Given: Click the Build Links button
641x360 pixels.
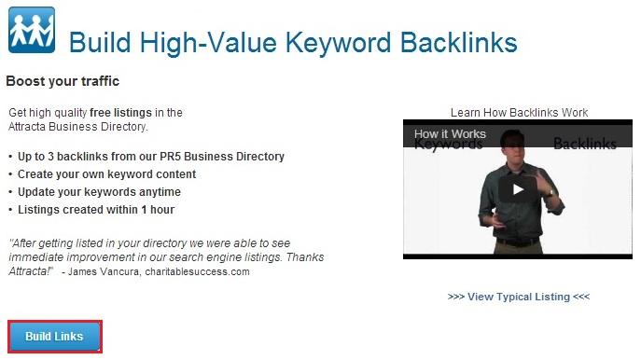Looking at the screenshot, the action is [x=55, y=337].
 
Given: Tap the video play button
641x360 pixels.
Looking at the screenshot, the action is [x=518, y=189].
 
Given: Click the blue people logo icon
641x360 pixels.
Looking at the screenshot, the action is [x=32, y=30].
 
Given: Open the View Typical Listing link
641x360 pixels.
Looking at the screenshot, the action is [x=519, y=297].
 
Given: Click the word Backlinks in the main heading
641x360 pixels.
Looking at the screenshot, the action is [x=459, y=43].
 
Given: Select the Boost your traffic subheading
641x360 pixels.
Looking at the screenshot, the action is [x=63, y=81].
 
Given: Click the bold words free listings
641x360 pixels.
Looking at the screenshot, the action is [x=120, y=112].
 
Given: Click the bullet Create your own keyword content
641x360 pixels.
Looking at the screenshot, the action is [x=106, y=174].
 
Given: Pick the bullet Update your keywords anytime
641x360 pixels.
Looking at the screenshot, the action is [x=99, y=192].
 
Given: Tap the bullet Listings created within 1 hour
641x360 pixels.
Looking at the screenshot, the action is [x=96, y=210].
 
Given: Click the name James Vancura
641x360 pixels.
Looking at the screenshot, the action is [x=104, y=271].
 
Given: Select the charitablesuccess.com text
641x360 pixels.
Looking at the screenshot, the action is [x=197, y=271].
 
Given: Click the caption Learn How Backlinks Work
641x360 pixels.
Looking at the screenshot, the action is [x=519, y=112].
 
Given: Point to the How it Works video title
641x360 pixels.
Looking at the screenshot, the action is [x=450, y=133].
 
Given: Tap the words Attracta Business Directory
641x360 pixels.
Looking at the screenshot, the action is [x=77, y=127].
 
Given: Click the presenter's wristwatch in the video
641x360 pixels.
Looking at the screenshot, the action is [x=550, y=191].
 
